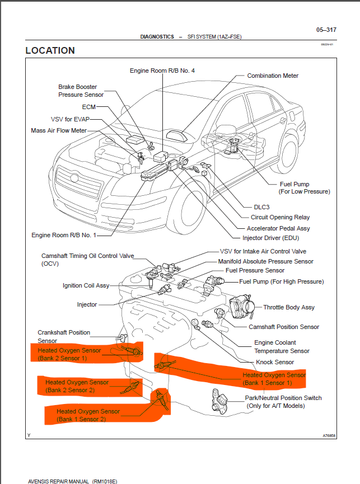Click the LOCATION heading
pyautogui.click(x=50, y=50)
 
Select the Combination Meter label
pyautogui.click(x=273, y=76)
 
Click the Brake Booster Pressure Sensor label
pyautogui.click(x=81, y=91)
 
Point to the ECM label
pyautogui.click(x=89, y=106)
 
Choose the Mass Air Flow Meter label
pyautogui.click(x=59, y=130)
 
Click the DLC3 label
pyautogui.click(x=261, y=207)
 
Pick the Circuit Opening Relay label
pyautogui.click(x=280, y=218)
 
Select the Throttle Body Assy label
pyautogui.click(x=289, y=307)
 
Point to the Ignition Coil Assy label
pyautogui.click(x=86, y=285)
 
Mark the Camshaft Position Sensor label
pyautogui.click(x=284, y=327)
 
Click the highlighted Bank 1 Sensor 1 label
pyautogui.click(x=274, y=379)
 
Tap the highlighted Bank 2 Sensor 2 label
pyautogui.click(x=73, y=386)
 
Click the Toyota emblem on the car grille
pyautogui.click(x=74, y=178)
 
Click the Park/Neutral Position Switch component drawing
pyautogui.click(x=220, y=400)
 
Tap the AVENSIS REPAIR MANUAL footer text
pyautogui.click(x=72, y=481)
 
